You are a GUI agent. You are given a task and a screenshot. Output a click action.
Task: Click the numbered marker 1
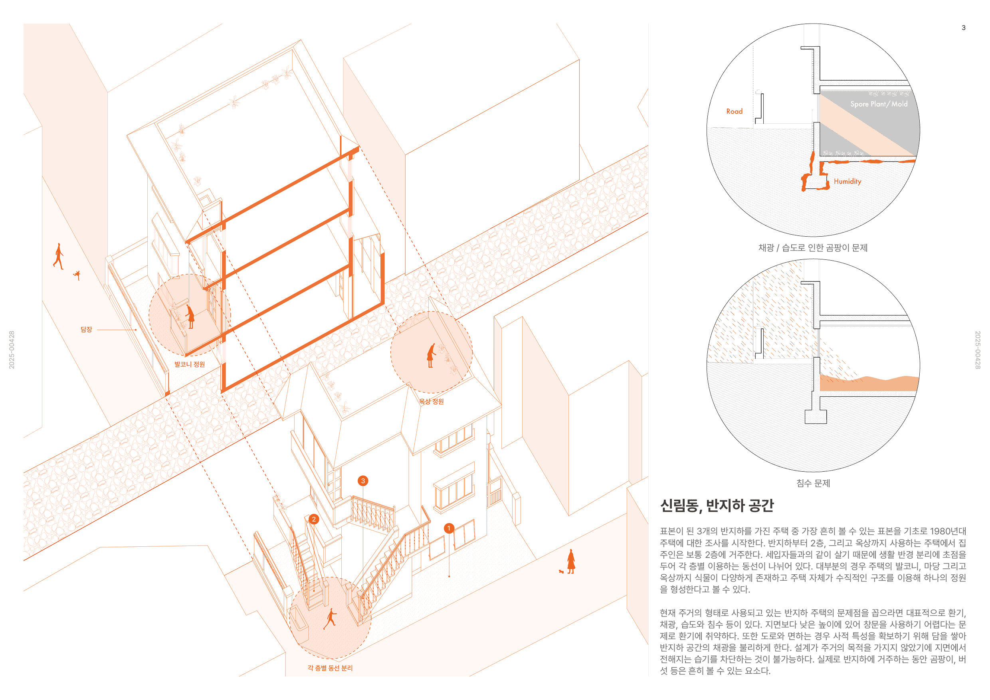(x=449, y=528)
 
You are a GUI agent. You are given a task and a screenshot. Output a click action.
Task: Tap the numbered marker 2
(x=314, y=519)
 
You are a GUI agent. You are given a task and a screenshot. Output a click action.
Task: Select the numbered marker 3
(x=363, y=481)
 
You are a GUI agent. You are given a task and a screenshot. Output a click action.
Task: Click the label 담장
(x=86, y=329)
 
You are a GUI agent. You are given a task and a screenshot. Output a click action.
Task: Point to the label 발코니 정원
(x=190, y=364)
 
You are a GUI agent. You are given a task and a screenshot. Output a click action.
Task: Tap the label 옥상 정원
(x=431, y=401)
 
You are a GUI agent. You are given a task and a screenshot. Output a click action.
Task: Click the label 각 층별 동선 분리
(x=330, y=668)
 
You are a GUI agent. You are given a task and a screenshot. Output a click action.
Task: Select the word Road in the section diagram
(x=734, y=111)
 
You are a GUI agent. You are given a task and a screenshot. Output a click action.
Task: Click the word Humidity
(x=847, y=182)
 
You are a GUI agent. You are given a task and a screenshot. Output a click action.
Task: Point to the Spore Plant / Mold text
(x=879, y=104)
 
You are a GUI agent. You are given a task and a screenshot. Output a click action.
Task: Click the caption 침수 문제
(x=813, y=483)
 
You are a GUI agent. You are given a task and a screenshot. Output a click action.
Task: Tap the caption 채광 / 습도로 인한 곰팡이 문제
(x=813, y=248)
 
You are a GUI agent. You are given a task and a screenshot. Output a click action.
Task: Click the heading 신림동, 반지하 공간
(x=717, y=505)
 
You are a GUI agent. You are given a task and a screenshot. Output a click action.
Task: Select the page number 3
(x=963, y=28)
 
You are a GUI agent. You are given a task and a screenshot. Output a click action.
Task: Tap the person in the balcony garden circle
(x=190, y=316)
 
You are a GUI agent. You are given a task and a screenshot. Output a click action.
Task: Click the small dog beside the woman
(x=561, y=571)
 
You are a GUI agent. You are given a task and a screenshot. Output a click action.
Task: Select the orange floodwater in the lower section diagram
(x=868, y=383)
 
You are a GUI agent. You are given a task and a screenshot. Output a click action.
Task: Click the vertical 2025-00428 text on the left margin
(x=12, y=350)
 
